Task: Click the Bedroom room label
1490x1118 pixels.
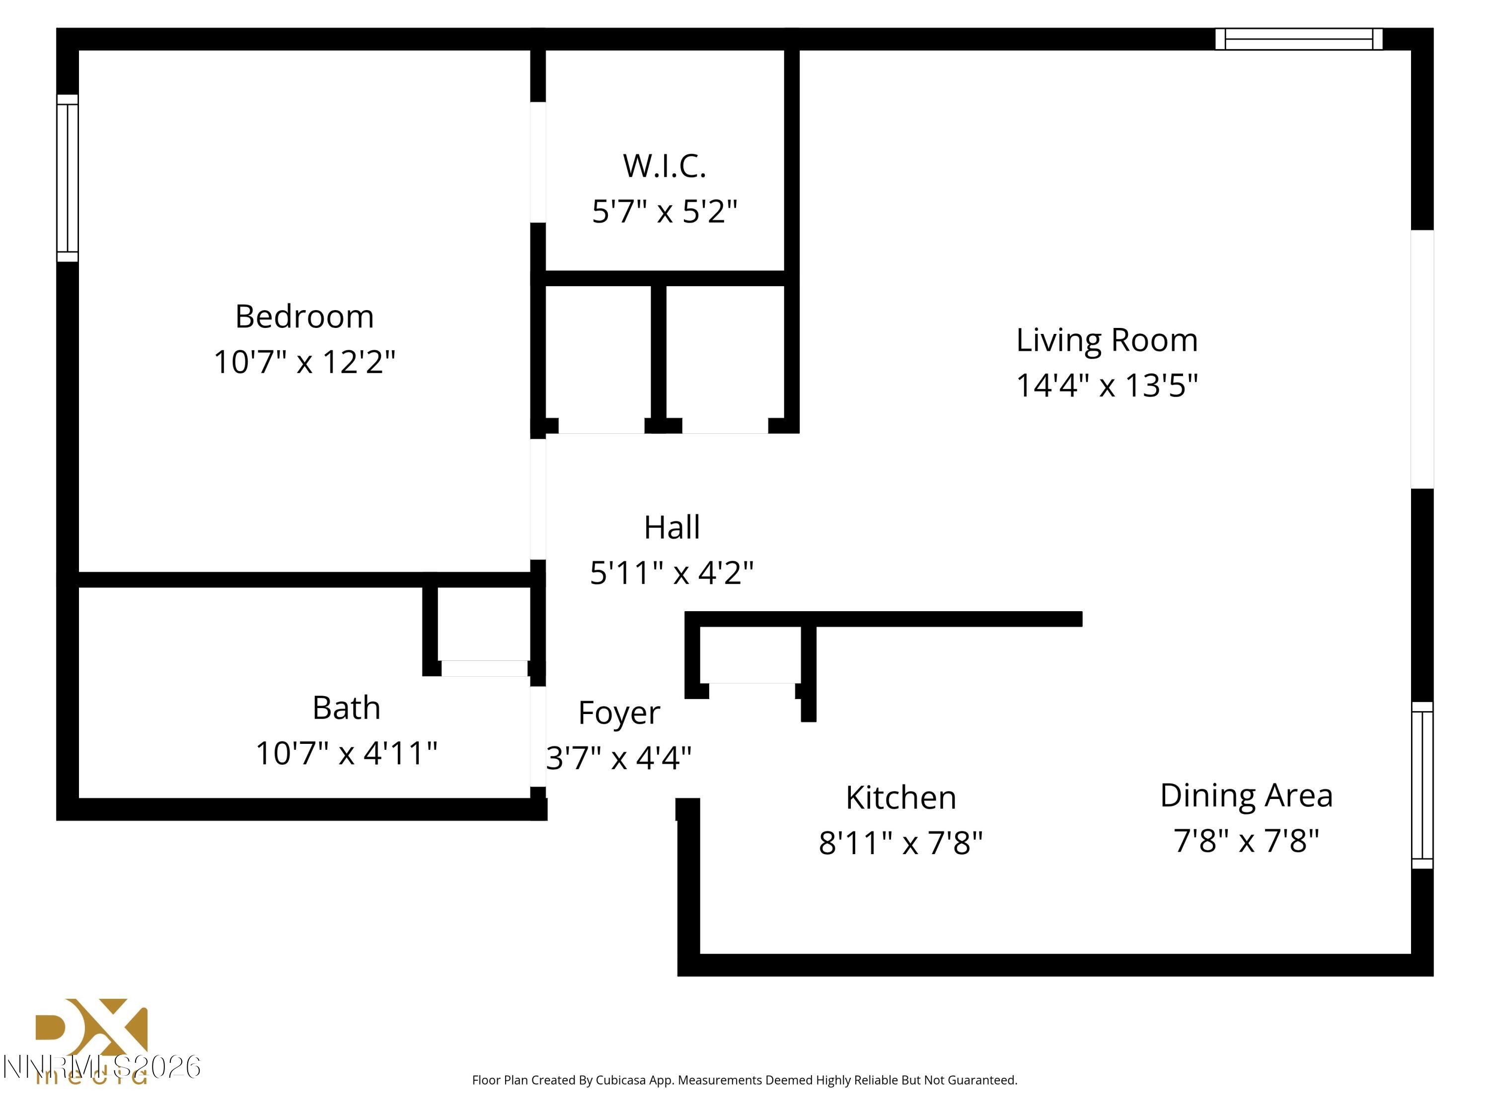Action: tap(304, 317)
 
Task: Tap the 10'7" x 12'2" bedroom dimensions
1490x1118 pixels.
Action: tap(304, 362)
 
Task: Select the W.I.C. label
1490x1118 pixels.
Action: tap(664, 166)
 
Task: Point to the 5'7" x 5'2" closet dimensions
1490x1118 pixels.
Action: tap(664, 212)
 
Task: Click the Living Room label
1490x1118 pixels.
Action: tap(1107, 340)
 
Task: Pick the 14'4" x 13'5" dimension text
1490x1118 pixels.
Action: tap(1107, 386)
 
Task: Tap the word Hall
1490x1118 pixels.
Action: tap(671, 528)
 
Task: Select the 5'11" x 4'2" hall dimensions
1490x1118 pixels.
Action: tap(671, 573)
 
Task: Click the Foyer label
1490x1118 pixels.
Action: tap(618, 713)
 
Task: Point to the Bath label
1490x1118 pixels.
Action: tap(346, 708)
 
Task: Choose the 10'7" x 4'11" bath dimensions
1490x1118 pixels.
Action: tap(346, 753)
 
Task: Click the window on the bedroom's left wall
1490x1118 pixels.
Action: tap(68, 178)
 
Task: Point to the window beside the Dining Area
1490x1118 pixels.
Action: tap(1421, 785)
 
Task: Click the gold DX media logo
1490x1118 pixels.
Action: tap(91, 1031)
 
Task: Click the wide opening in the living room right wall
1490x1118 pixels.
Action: tap(1421, 359)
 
